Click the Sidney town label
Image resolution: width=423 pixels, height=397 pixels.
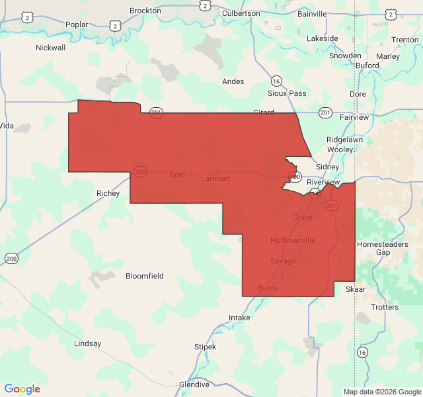click(327, 167)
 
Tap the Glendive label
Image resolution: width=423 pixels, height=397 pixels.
click(194, 384)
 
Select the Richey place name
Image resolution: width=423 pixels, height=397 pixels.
click(108, 193)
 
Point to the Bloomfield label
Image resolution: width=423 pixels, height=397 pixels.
click(145, 276)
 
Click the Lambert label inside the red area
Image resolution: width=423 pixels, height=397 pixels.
click(215, 179)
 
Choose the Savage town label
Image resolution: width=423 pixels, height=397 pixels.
click(283, 261)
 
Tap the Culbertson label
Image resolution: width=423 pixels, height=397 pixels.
click(241, 13)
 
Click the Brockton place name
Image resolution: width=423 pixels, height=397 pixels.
click(145, 11)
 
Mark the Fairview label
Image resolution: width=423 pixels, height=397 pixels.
click(354, 117)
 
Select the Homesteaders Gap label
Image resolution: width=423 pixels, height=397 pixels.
click(383, 248)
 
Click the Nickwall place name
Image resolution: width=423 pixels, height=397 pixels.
click(51, 48)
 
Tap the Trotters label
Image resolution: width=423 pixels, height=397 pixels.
click(385, 307)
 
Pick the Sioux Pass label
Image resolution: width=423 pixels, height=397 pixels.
click(287, 93)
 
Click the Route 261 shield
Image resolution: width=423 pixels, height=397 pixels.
click(331, 206)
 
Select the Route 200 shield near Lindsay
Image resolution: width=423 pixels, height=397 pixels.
click(11, 258)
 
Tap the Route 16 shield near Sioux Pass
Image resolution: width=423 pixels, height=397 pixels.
click(276, 81)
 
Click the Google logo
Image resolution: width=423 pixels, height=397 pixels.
click(22, 389)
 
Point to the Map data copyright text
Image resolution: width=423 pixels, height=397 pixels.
click(381, 392)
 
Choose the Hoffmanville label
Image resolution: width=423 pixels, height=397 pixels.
click(293, 240)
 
